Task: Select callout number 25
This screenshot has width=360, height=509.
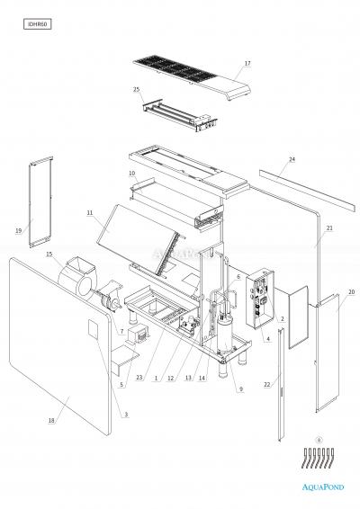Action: tap(137, 90)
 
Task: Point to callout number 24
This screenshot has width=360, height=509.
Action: tap(292, 159)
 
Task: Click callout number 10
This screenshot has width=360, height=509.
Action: tap(131, 173)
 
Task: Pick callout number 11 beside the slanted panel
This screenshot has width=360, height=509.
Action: tap(90, 213)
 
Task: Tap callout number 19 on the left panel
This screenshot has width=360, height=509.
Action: tap(18, 231)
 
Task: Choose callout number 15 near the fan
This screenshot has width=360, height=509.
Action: tap(49, 254)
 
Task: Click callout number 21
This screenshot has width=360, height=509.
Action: tap(329, 229)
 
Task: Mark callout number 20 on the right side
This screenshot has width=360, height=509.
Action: tap(350, 292)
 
